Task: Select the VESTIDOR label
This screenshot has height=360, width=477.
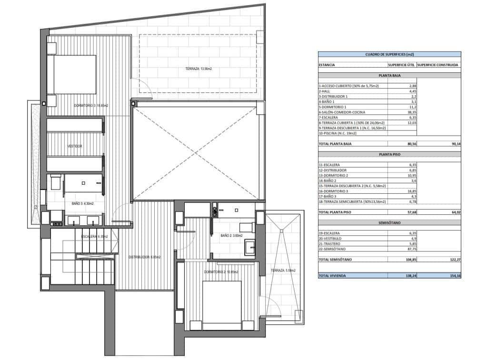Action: [x=74, y=146]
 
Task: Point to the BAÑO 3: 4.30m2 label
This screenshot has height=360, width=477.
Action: [x=82, y=204]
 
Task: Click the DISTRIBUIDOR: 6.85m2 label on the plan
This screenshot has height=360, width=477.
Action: [x=145, y=257]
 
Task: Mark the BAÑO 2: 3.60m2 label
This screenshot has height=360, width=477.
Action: [x=231, y=236]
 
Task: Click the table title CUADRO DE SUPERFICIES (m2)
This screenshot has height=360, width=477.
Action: [x=389, y=55]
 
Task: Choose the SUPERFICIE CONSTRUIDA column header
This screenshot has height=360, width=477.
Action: [x=437, y=64]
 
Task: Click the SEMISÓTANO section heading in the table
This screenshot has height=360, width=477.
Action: [x=389, y=222]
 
